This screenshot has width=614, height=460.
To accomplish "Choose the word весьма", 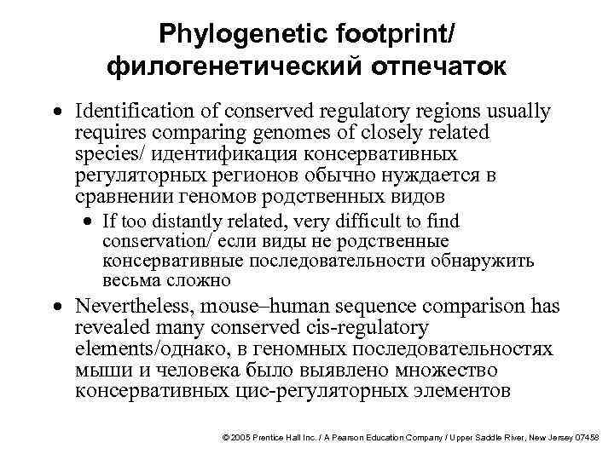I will (123, 279).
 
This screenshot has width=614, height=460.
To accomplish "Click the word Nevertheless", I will (125, 308).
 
